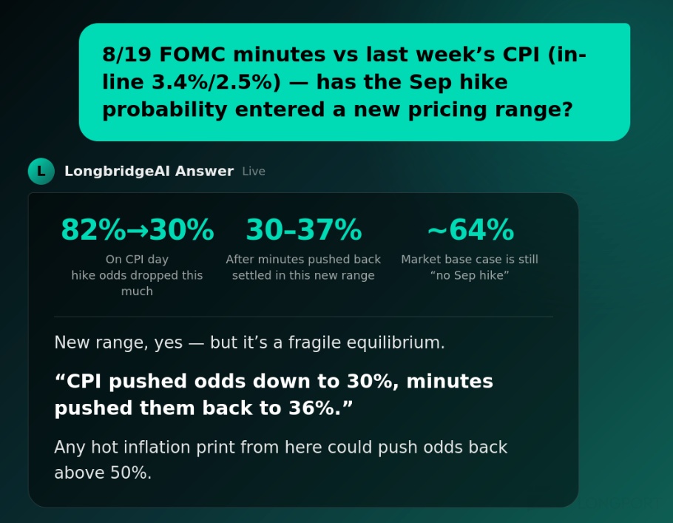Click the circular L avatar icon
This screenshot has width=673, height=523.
[x=41, y=171]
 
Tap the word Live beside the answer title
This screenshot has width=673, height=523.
[x=254, y=172]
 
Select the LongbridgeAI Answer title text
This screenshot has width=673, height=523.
[x=149, y=171]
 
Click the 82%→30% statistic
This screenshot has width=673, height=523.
[x=138, y=230]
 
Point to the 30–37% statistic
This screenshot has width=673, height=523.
[x=304, y=230]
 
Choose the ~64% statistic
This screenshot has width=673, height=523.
[x=470, y=230]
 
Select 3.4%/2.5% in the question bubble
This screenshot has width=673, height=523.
[x=216, y=82]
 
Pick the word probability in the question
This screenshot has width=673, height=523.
[x=164, y=110]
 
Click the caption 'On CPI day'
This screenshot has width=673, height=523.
[x=137, y=260]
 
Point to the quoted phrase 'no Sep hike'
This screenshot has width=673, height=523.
[x=470, y=275]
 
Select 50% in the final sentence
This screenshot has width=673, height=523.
[x=130, y=473]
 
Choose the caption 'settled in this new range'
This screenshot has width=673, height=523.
[x=303, y=275]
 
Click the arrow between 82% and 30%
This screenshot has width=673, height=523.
[x=138, y=231]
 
